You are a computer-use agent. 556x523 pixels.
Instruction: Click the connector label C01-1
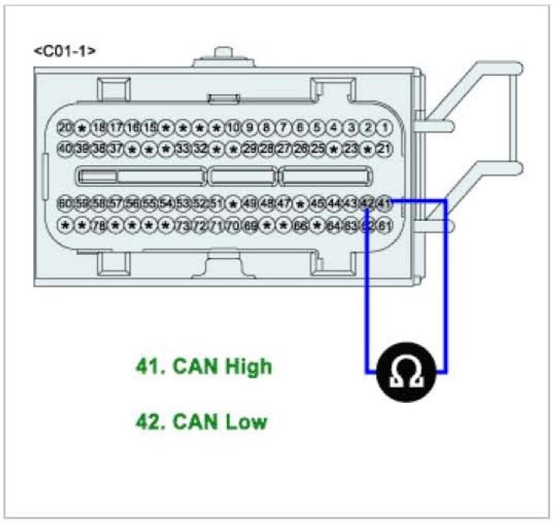point(64,51)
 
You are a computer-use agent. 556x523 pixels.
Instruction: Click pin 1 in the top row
point(384,127)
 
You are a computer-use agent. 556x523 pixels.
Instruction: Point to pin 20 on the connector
point(65,127)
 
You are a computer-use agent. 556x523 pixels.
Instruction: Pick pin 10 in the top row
point(234,127)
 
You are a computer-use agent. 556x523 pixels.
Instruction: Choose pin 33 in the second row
point(183,149)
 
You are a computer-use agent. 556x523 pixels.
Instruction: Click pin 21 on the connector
point(384,149)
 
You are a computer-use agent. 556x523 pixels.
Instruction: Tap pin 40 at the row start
point(65,149)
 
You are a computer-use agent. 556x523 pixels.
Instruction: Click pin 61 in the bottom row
point(384,225)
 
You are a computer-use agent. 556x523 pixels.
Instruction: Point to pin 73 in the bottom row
point(183,225)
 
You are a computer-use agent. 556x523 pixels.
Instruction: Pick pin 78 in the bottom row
point(99,225)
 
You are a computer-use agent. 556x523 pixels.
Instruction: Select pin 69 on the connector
point(250,225)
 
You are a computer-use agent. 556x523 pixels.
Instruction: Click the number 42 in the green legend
point(150,422)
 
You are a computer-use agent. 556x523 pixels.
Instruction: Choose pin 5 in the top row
point(317,127)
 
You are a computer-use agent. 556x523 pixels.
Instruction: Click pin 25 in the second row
point(317,149)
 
